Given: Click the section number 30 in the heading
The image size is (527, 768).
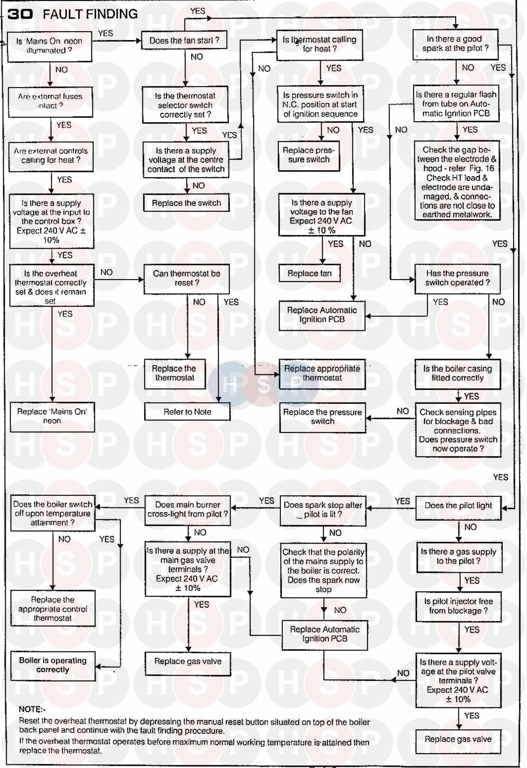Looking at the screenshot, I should pos(20,14).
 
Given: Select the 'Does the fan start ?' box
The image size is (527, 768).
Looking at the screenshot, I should pos(184,40).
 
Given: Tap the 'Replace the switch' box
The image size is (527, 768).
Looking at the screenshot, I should pos(186,203).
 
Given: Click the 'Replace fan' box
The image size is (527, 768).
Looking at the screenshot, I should pos(310,273).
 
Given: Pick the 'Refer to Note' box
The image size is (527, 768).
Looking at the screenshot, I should pos(187,412).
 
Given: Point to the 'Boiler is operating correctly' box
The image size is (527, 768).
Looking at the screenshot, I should pos(53,665).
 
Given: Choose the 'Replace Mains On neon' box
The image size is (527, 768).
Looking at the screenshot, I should pos(52,416).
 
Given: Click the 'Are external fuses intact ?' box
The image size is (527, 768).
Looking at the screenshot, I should pos(50,101).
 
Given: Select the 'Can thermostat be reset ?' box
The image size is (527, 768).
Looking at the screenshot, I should pos(187,278).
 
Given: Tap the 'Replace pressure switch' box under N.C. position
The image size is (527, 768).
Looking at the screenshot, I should pos(309,155).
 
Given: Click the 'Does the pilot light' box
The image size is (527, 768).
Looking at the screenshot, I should pos(458,506).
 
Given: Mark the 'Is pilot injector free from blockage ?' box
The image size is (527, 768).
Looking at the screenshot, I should pos(458,606).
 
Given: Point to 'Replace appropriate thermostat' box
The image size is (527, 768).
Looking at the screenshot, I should pos(322,373).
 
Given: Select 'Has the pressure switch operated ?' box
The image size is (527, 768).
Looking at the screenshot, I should pos(457,278).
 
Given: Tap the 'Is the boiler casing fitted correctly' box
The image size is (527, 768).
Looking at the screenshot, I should pos(457,373).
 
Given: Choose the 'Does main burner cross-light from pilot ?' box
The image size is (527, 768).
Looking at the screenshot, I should pos(188,510).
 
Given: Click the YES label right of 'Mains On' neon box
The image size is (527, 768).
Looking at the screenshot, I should pos(105,33).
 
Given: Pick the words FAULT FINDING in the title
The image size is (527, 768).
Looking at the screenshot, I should pos(90,14).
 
